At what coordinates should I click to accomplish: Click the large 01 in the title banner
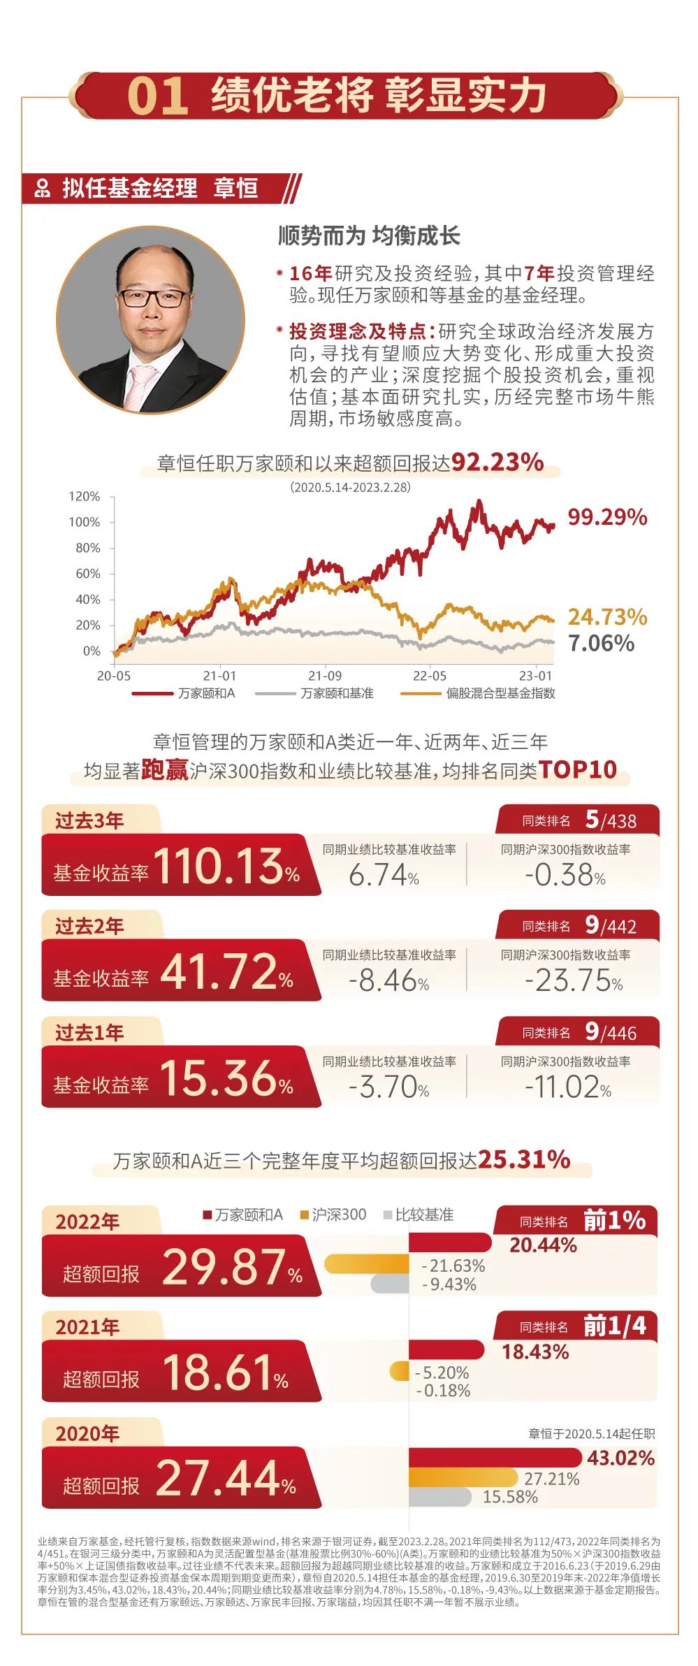[158, 96]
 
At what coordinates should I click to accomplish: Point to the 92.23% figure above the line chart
[497, 462]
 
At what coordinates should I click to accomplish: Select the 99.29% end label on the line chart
[606, 517]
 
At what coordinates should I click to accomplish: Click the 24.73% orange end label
[606, 616]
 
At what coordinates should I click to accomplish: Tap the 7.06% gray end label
[601, 643]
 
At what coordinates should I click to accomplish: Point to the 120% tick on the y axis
[85, 496]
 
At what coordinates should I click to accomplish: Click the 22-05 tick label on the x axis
[429, 676]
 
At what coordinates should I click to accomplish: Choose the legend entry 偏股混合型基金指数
[500, 693]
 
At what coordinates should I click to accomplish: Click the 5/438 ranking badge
[611, 820]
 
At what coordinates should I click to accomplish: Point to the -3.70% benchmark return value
[388, 1087]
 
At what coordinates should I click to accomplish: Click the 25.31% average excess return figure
[524, 1160]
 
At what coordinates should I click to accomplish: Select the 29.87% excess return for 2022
[231, 1267]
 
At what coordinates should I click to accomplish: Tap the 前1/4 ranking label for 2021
[614, 1325]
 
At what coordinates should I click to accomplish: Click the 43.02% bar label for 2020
[620, 1458]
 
